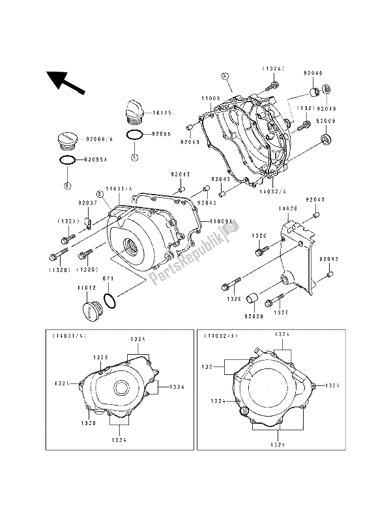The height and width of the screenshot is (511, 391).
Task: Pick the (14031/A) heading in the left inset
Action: (65, 337)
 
